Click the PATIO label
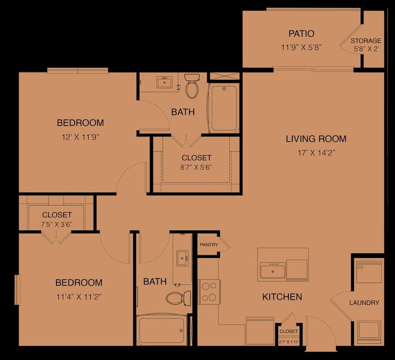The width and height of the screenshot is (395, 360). click(x=301, y=34)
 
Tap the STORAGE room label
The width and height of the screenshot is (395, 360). click(x=366, y=41)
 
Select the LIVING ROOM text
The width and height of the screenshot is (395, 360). click(x=316, y=139)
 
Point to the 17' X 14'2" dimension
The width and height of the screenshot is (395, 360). click(x=316, y=152)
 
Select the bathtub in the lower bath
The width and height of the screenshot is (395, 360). click(x=161, y=330)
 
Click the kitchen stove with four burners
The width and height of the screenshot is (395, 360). click(x=209, y=292)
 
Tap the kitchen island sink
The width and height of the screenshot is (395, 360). click(x=273, y=270)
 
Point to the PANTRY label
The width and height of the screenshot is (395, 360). click(x=209, y=245)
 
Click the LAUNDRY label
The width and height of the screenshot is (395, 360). click(x=364, y=303)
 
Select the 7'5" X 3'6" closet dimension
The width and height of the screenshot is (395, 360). click(x=57, y=224)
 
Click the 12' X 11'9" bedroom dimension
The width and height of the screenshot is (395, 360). click(x=80, y=137)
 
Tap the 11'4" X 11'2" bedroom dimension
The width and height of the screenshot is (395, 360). click(x=79, y=296)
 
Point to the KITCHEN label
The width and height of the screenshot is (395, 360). click(x=282, y=297)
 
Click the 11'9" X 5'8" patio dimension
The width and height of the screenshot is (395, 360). click(x=301, y=47)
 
